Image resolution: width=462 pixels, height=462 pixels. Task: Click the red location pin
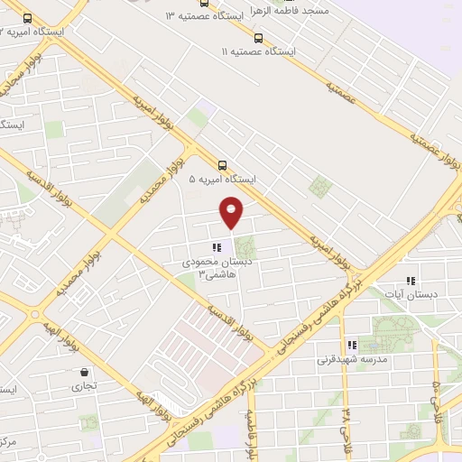(x=232, y=211)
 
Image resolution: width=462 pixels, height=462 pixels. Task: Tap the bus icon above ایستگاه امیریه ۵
(x=223, y=164)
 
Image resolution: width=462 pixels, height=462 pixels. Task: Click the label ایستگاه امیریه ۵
(x=222, y=180)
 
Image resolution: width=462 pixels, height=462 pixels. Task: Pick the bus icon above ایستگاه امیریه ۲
(x=27, y=17)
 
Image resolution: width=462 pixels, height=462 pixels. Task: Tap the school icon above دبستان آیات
(x=411, y=281)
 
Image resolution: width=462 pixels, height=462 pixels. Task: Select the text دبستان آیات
(x=412, y=295)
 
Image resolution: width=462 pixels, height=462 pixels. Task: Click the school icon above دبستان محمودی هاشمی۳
(x=215, y=246)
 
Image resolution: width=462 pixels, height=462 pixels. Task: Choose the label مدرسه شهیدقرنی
(x=352, y=359)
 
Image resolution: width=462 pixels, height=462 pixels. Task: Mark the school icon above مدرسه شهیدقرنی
(x=352, y=345)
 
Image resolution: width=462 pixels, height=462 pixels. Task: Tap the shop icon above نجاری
(x=84, y=372)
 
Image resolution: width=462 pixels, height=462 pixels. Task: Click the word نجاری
(x=84, y=385)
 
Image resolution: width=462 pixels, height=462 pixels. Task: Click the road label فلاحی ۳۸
(x=346, y=422)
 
